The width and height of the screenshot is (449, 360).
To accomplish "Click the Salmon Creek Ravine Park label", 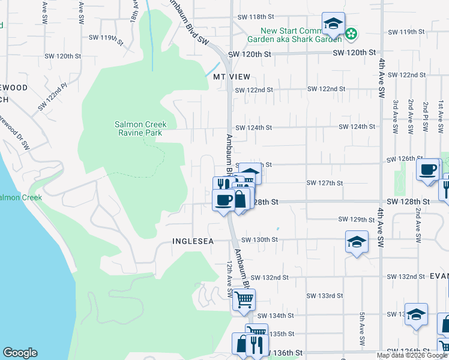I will [140, 128].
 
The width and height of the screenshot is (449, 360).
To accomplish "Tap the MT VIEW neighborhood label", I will [231, 77].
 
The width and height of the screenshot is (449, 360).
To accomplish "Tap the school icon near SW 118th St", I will [333, 25].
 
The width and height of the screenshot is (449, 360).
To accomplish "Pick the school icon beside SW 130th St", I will [357, 242].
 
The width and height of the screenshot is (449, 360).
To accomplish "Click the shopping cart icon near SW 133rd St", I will [244, 299].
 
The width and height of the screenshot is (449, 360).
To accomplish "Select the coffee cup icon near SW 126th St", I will [428, 170].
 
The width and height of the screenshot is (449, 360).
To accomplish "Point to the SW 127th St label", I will [324, 183].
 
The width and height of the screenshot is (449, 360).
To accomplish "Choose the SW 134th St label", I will [276, 316].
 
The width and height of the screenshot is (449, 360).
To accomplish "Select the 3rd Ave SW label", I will [396, 112].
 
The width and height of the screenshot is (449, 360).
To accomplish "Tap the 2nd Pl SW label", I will [426, 112].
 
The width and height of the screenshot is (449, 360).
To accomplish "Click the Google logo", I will [20, 353].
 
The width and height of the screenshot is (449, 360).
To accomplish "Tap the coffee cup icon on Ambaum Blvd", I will [224, 200].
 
